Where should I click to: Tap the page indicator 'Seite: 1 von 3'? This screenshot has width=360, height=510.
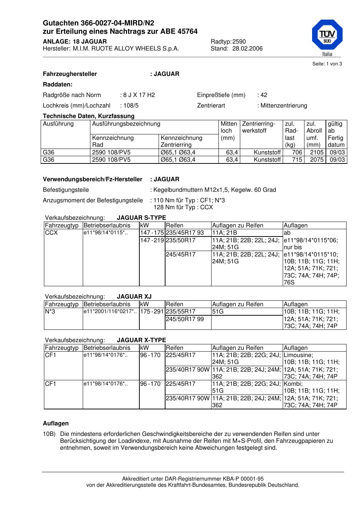point(327,64)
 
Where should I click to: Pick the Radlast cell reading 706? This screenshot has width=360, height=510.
point(297,153)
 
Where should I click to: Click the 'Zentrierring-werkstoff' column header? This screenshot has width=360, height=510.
point(259,127)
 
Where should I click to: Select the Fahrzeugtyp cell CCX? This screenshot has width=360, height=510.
point(51,233)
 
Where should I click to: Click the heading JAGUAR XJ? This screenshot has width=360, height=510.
point(134,297)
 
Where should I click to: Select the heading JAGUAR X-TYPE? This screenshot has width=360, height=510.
point(141,340)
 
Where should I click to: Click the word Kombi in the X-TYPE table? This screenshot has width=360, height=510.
point(293,384)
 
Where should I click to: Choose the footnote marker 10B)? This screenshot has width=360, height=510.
point(49,434)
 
